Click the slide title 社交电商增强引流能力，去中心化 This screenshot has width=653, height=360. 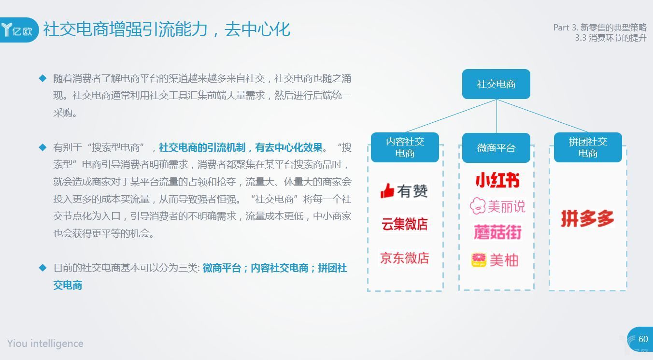tap(167, 29)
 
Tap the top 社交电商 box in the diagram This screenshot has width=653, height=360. tap(496, 84)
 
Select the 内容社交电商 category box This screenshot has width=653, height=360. tap(405, 147)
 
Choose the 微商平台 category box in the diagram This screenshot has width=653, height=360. tap(496, 147)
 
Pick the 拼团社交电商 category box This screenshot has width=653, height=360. tap(588, 147)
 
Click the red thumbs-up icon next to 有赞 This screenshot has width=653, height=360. tap(387, 191)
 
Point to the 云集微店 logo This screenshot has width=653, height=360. tap(405, 224)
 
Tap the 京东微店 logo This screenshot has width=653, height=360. tap(405, 258)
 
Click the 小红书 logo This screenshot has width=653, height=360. tap(497, 180)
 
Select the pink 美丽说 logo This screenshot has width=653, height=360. tap(497, 206)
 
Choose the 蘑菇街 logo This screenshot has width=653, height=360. tap(497, 232)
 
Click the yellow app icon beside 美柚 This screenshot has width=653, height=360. tap(479, 259)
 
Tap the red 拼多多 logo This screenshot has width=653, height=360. tap(588, 218)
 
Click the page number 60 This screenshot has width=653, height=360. tap(643, 339)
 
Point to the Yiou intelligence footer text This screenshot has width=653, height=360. tap(45, 344)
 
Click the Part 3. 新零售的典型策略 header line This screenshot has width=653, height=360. tap(600, 28)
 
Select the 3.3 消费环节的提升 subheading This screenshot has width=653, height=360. tap(610, 38)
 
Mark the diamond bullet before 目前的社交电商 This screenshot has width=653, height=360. tap(43, 268)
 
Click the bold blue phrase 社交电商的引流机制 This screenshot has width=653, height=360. tap(202, 147)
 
